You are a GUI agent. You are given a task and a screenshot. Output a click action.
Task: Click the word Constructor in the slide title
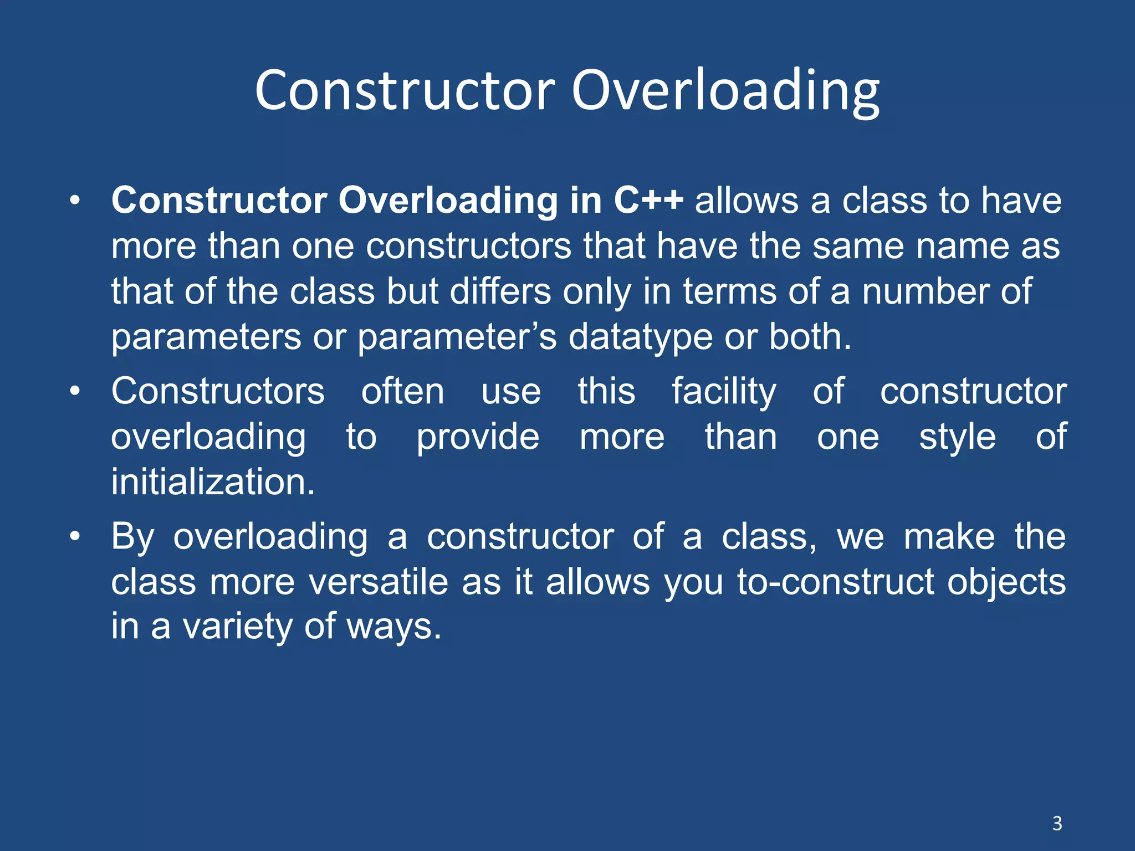(405, 91)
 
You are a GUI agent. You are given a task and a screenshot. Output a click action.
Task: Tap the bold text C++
(648, 200)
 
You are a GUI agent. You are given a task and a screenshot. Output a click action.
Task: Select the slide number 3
(1057, 823)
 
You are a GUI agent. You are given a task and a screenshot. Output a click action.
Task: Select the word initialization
(213, 481)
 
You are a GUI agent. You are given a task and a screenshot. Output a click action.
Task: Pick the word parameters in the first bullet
(206, 338)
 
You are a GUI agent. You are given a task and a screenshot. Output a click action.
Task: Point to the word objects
(1006, 583)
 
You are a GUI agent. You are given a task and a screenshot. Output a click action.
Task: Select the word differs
(500, 291)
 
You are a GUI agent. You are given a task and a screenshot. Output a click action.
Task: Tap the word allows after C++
(747, 200)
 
